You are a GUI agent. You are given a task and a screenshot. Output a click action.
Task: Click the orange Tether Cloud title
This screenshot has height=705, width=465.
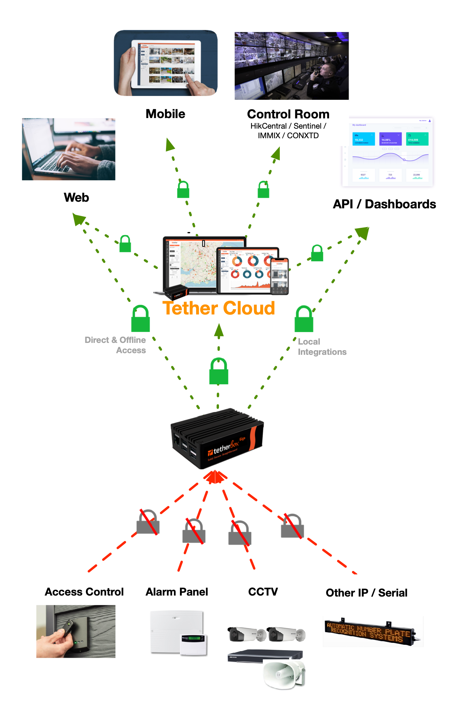[219, 308]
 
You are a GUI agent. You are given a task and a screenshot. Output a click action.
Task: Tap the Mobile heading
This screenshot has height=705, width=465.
[165, 114]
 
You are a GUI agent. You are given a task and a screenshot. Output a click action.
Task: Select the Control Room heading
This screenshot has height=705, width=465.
[288, 114]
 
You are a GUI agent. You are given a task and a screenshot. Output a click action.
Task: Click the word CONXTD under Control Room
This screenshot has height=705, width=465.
[303, 136]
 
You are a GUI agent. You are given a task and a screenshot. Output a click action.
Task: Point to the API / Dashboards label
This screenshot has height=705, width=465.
[384, 204]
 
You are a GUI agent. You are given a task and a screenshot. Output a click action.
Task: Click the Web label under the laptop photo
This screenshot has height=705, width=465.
[76, 197]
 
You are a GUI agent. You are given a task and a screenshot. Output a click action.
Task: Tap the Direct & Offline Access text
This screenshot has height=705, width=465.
[115, 345]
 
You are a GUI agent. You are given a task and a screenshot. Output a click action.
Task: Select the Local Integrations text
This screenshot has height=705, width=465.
[321, 347]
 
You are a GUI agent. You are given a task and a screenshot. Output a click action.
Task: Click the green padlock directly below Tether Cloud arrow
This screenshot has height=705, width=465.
[219, 371]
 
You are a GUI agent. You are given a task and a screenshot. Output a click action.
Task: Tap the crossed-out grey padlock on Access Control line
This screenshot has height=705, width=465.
[148, 522]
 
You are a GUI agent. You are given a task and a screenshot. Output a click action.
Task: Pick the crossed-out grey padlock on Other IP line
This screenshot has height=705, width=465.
[292, 526]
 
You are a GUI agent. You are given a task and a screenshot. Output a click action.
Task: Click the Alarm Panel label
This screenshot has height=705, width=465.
[177, 592]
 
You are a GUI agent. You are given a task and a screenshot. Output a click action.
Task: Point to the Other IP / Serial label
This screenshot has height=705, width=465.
[366, 593]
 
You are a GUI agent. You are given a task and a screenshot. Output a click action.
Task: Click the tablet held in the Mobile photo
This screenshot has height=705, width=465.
[166, 64]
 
